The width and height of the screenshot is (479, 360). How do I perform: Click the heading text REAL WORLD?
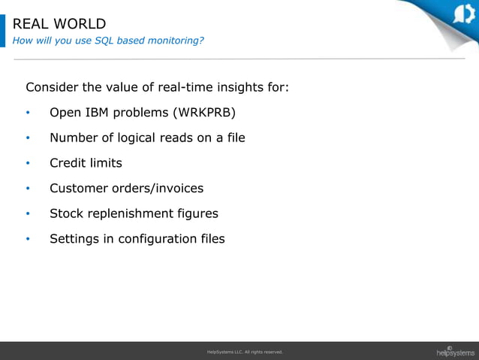pos(59,24)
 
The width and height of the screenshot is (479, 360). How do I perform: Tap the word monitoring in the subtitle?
pos(176,41)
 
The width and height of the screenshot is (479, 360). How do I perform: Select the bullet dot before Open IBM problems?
pos(28,113)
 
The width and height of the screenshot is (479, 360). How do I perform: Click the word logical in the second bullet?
pos(145,138)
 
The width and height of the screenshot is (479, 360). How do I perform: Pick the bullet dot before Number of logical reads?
pos(28,138)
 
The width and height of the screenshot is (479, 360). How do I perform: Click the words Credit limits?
pos(86,163)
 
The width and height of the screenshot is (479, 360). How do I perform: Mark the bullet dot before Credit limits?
pos(28,164)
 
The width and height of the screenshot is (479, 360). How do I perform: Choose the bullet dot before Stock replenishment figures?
pos(28,214)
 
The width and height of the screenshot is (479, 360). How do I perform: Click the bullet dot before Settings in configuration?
pos(28,240)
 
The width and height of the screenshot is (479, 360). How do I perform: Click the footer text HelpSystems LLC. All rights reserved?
pos(244,352)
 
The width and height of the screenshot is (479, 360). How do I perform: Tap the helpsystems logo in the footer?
pos(455,351)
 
